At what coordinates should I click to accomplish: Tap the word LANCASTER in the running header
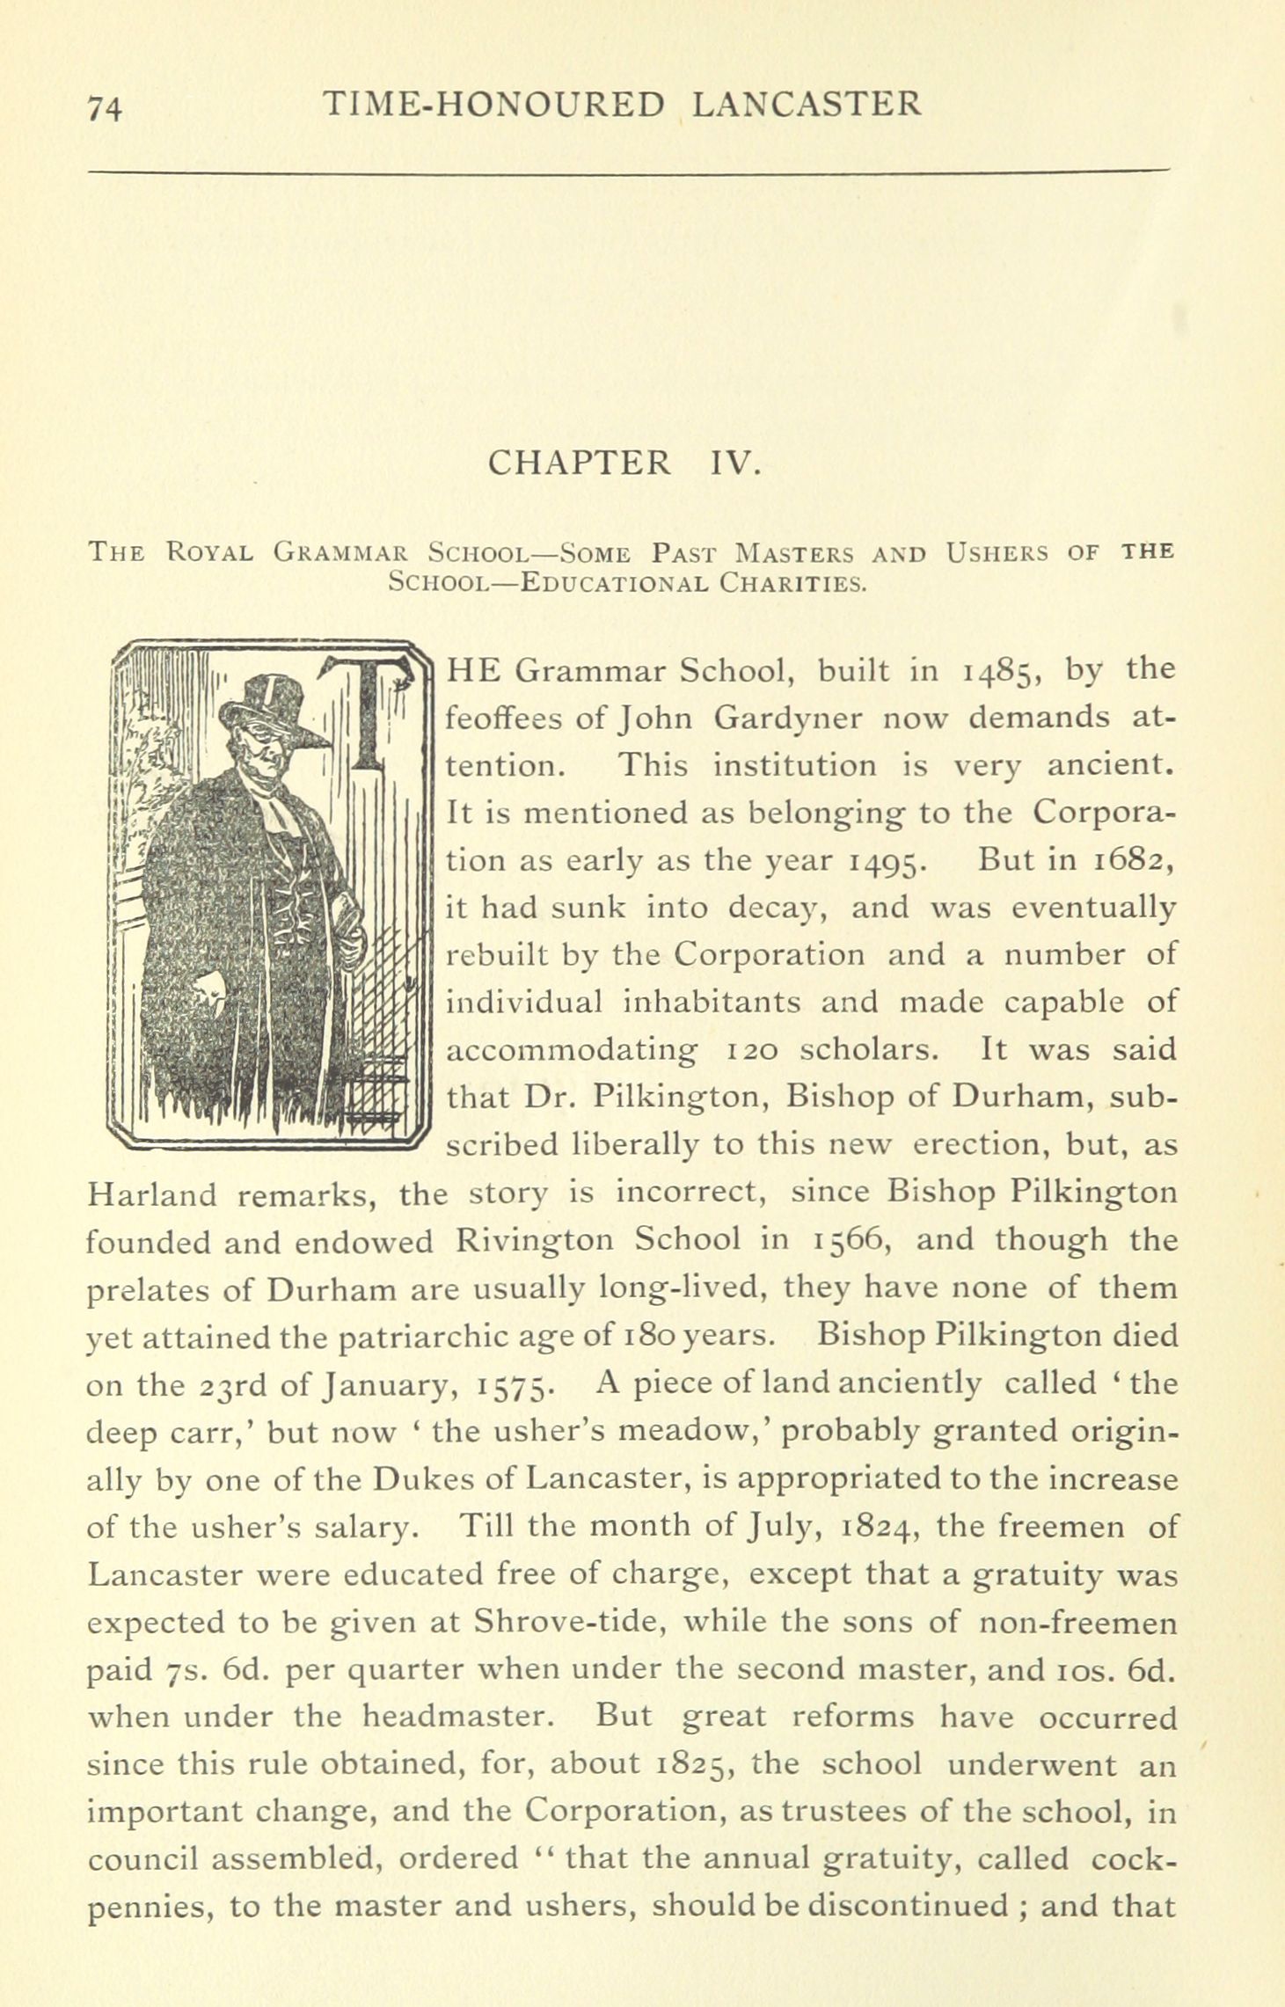pyautogui.click(x=807, y=105)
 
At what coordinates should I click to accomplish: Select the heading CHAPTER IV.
pyautogui.click(x=624, y=462)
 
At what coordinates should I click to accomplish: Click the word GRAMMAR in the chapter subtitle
pyautogui.click(x=340, y=553)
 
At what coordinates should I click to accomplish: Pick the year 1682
pyautogui.click(x=1129, y=860)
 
